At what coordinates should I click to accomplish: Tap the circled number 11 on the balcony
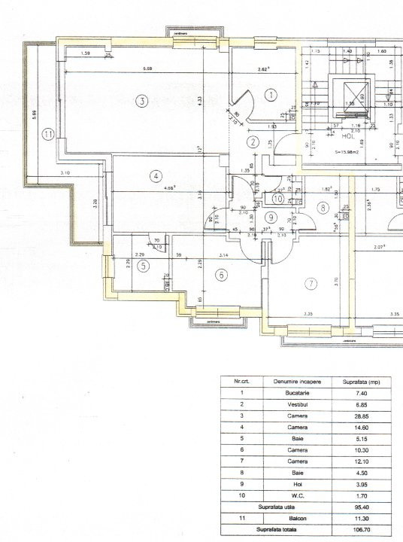(x=49, y=135)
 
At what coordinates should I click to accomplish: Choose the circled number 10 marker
(x=277, y=199)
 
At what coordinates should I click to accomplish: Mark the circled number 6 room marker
(x=221, y=276)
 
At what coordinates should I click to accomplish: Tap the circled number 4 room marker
(x=156, y=176)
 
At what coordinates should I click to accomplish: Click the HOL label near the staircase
(x=348, y=138)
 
